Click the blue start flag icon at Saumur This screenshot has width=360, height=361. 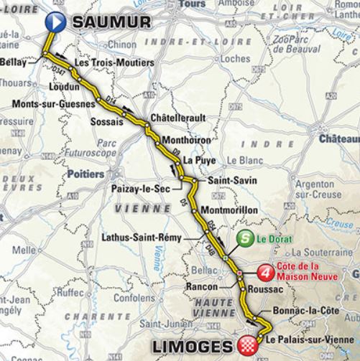55,22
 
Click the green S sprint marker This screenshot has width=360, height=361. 247,242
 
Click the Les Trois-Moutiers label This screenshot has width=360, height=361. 114,64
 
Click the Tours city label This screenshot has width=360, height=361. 190,4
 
